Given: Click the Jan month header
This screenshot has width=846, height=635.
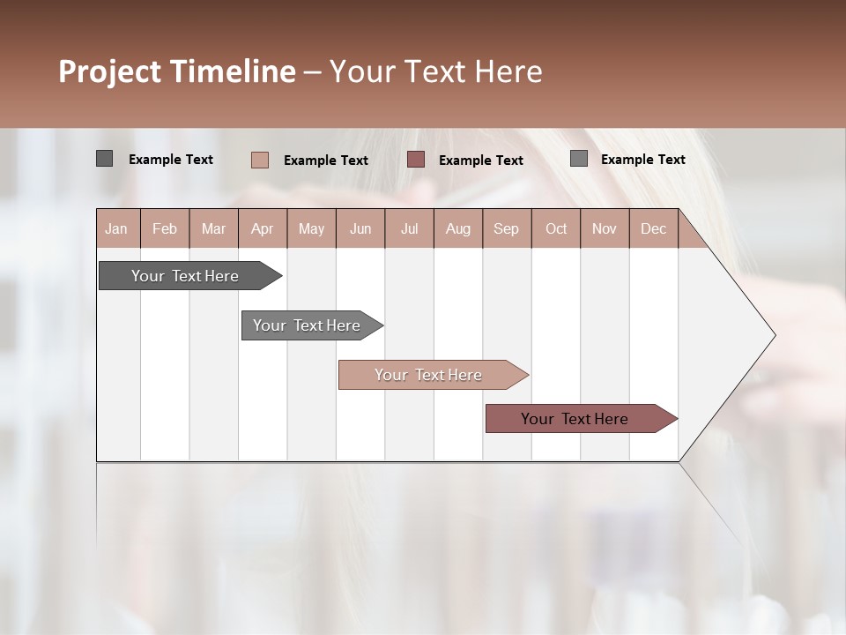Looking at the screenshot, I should click(x=117, y=228).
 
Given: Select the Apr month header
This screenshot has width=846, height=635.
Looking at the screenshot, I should click(x=263, y=228).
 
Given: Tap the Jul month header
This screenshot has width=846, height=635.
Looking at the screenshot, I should click(x=409, y=228).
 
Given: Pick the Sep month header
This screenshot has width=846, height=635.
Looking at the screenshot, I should click(x=507, y=228).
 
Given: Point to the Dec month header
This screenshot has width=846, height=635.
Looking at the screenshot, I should click(x=653, y=228).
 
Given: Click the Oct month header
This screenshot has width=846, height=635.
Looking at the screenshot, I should click(x=556, y=228).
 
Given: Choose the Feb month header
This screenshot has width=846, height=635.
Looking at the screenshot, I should click(x=165, y=228).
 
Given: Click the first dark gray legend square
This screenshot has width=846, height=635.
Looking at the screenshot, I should click(x=104, y=159).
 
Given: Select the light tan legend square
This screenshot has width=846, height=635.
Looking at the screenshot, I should click(x=259, y=160).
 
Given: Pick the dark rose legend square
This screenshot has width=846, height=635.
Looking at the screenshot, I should click(x=416, y=160).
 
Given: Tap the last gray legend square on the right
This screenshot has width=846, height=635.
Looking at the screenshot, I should click(x=578, y=159).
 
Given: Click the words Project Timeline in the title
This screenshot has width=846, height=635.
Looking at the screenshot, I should click(x=177, y=71).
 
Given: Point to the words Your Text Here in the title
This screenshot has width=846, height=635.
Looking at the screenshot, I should click(x=436, y=71).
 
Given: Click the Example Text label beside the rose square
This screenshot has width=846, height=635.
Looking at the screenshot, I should click(x=481, y=161).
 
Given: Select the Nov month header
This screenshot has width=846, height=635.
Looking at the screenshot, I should click(x=605, y=228).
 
